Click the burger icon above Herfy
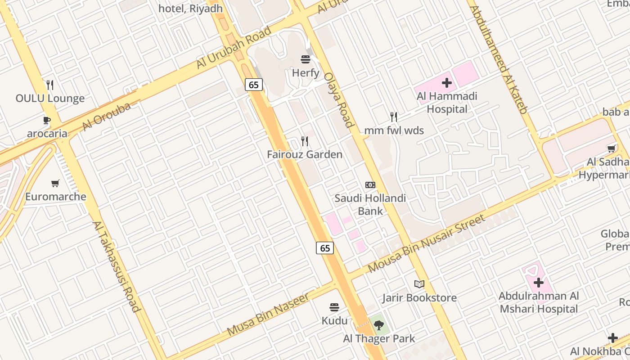pyautogui.click(x=306, y=59)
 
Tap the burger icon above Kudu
pyautogui.click(x=334, y=307)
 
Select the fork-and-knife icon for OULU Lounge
pyautogui.click(x=50, y=85)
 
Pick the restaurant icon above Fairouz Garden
pyautogui.click(x=305, y=141)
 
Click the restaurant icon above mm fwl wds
pyautogui.click(x=394, y=117)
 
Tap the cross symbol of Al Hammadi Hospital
pyautogui.click(x=446, y=83)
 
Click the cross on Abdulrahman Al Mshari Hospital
pyautogui.click(x=539, y=283)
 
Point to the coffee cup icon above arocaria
pyautogui.click(x=46, y=120)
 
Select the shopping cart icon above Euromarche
pyautogui.click(x=55, y=183)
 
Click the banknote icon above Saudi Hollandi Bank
pyautogui.click(x=370, y=185)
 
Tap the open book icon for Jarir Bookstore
pyautogui.click(x=419, y=284)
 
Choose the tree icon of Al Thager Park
pyautogui.click(x=378, y=325)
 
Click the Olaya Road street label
pyautogui.click(x=337, y=100)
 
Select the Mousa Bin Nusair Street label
pyautogui.click(x=427, y=243)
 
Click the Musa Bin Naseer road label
pyautogui.click(x=268, y=314)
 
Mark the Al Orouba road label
pyautogui.click(x=106, y=117)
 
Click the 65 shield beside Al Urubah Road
pyautogui.click(x=254, y=84)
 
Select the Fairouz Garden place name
pyautogui.click(x=305, y=154)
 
